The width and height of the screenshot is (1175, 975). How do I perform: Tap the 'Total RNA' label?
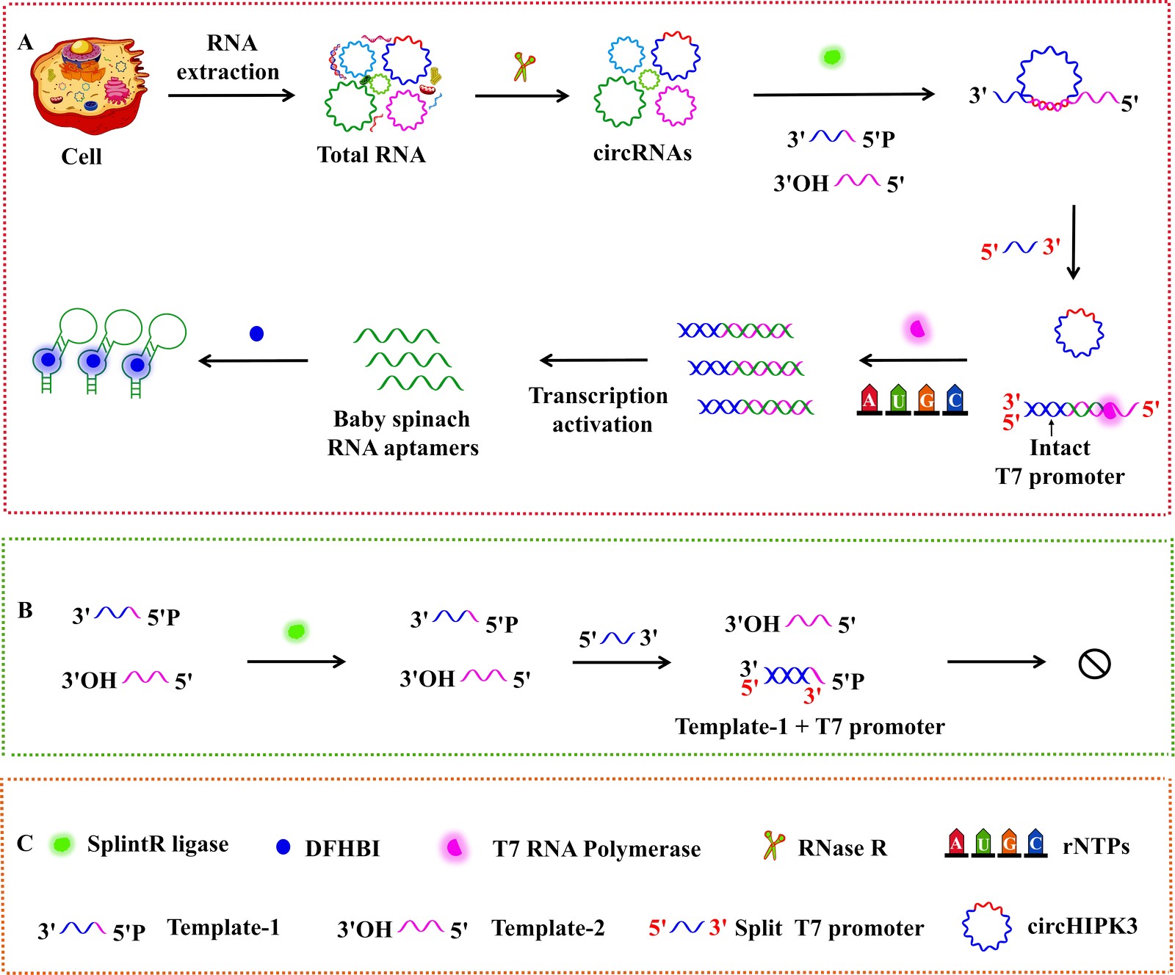point(371,155)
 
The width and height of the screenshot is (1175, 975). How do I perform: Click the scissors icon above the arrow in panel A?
point(524,67)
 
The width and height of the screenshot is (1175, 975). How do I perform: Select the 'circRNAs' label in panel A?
point(643,153)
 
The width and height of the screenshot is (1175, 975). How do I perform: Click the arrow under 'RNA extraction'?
point(231,95)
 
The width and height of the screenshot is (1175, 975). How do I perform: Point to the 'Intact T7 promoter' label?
point(1060,462)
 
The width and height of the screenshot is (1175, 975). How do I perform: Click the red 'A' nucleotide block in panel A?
point(869,399)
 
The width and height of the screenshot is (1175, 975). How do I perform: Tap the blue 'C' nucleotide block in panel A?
point(954,399)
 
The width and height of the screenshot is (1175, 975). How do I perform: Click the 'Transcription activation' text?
point(599,410)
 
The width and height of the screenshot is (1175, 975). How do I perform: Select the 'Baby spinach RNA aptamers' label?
point(402,433)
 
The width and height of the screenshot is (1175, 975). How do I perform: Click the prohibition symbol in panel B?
point(1094,664)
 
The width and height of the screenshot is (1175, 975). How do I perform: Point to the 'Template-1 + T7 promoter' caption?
point(809,727)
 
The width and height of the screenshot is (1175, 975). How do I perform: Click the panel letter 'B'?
point(25,610)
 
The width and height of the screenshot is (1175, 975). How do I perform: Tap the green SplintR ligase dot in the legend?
point(62,844)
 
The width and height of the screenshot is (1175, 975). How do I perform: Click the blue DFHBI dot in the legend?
point(283,847)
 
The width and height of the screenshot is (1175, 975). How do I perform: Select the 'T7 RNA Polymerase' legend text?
point(596,849)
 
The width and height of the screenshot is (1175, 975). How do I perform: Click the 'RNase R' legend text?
point(842,848)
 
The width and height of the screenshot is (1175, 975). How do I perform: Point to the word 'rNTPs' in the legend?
point(1096,847)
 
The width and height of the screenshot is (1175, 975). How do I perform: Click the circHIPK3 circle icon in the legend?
point(986,927)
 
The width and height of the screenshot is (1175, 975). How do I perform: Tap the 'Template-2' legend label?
point(548,928)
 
